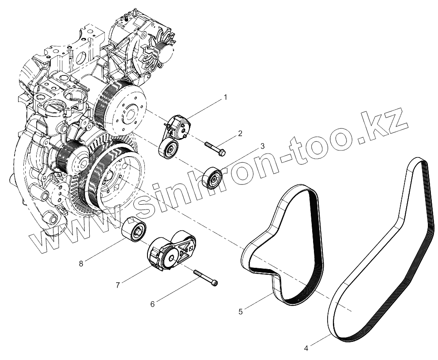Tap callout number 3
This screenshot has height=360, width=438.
(262, 146)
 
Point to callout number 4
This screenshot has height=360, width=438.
(306, 348)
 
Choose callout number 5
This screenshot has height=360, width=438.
(240, 311)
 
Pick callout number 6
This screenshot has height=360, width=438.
(153, 304)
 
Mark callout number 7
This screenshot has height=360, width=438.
(118, 285)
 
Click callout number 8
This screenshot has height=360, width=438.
(81, 263)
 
